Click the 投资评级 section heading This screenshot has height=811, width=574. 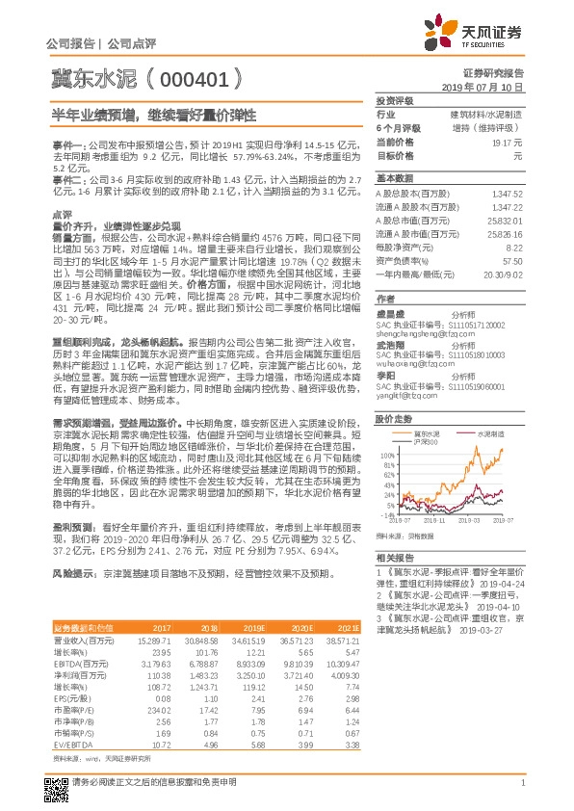point(394,100)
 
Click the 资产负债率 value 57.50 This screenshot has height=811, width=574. point(512,261)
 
